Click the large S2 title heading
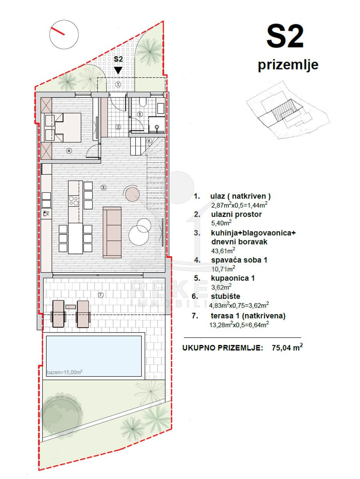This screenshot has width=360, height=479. (285, 36)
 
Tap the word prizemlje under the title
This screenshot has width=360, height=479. (288, 65)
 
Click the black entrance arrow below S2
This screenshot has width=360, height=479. (118, 70)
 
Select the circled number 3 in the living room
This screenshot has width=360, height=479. (103, 187)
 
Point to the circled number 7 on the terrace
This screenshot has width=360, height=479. (101, 295)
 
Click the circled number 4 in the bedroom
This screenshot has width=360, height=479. (69, 150)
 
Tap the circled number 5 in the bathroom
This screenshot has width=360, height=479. (140, 114)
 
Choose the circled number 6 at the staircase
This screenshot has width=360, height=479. (149, 141)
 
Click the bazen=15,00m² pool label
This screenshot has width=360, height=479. (65, 372)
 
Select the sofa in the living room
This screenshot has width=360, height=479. (112, 232)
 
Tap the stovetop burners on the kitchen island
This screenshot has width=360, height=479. (74, 201)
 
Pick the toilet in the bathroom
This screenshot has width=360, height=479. (143, 102)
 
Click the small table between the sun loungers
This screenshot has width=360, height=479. (71, 307)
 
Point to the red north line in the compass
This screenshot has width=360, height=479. (58, 31)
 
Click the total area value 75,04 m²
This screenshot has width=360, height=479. (287, 347)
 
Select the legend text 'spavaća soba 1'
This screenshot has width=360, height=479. (239, 260)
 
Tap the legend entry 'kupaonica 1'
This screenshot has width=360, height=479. (233, 278)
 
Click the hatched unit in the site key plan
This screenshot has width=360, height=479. (284, 111)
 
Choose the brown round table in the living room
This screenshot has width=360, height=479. (132, 193)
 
